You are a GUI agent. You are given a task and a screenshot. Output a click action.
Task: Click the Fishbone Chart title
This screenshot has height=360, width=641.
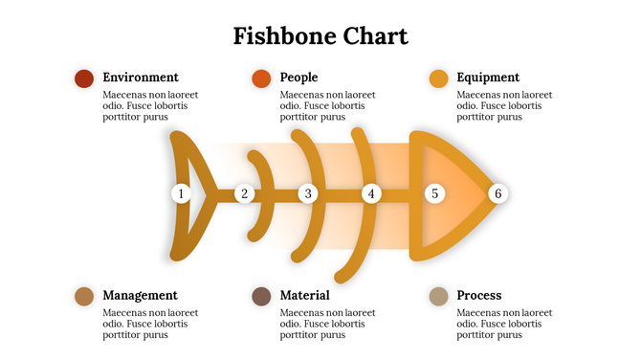(320, 36)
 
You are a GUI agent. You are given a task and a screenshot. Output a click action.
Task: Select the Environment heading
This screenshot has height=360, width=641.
(140, 77)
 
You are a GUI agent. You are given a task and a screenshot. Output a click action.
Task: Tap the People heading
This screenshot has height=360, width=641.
(298, 77)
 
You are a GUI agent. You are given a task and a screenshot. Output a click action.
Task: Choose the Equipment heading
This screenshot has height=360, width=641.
(488, 77)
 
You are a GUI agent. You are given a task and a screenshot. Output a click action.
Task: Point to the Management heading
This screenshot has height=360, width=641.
(140, 295)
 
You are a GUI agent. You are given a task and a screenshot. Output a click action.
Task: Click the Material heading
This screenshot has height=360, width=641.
(304, 295)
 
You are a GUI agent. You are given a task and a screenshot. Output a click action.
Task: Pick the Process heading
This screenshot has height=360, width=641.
(478, 295)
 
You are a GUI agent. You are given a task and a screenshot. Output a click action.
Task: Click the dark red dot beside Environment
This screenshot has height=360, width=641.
(84, 79)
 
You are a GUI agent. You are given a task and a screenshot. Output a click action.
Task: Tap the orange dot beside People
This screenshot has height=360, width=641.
(261, 79)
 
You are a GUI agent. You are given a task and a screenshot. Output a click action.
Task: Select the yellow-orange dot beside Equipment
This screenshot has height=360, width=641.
(439, 79)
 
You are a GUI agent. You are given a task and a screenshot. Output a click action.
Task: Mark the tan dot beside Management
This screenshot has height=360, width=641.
(84, 297)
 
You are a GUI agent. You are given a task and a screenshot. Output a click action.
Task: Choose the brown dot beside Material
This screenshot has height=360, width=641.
(261, 297)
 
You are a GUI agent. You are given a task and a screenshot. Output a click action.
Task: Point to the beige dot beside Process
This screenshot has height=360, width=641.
(439, 297)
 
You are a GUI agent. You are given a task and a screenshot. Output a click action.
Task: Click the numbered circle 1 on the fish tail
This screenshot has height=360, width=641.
(181, 193)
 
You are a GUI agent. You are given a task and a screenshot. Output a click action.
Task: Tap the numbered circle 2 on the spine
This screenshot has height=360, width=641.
(244, 193)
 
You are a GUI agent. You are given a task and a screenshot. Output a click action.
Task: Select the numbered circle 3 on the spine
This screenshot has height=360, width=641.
(307, 193)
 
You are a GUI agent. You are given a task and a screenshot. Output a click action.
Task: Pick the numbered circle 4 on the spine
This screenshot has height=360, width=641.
(371, 193)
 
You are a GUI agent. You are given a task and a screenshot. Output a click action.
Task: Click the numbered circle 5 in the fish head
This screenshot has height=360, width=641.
(434, 193)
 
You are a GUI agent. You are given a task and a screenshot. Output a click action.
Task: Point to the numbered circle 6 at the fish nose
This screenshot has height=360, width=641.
(497, 193)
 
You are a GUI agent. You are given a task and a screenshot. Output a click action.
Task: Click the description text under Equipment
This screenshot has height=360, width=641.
(504, 106)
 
